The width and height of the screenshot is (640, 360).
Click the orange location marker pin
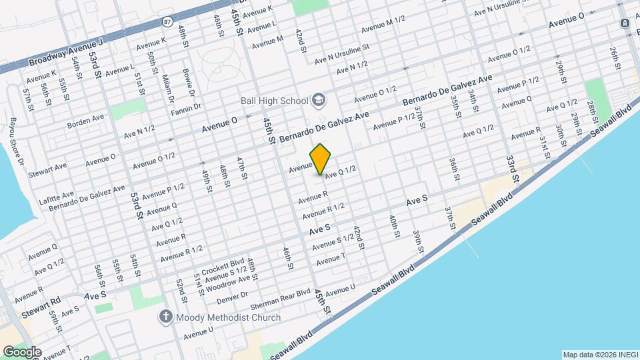pos(321,159)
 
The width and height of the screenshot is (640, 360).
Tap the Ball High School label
pos(275,101)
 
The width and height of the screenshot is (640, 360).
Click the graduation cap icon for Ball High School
pos(318,101)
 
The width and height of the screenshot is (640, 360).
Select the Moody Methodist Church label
pos(229,317)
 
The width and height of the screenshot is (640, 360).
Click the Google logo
pos(21,351)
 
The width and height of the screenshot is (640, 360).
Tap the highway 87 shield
pos(167,21)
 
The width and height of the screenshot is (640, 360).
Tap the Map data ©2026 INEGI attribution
pos(599,355)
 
